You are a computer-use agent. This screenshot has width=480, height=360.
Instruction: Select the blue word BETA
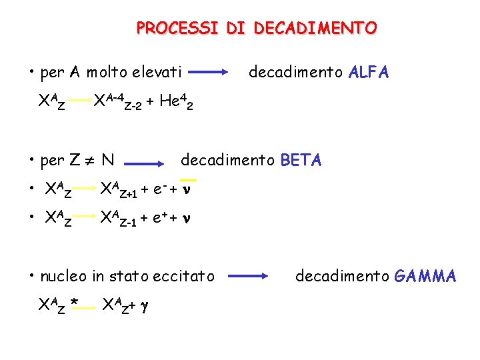coord(301,160)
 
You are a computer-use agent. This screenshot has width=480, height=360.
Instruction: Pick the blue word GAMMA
coord(425,275)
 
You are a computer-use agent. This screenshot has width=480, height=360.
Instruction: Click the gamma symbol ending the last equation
coord(144,306)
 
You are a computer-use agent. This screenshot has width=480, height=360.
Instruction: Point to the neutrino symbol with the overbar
coord(189,189)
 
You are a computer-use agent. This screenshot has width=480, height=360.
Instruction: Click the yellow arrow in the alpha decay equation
coord(79,100)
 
